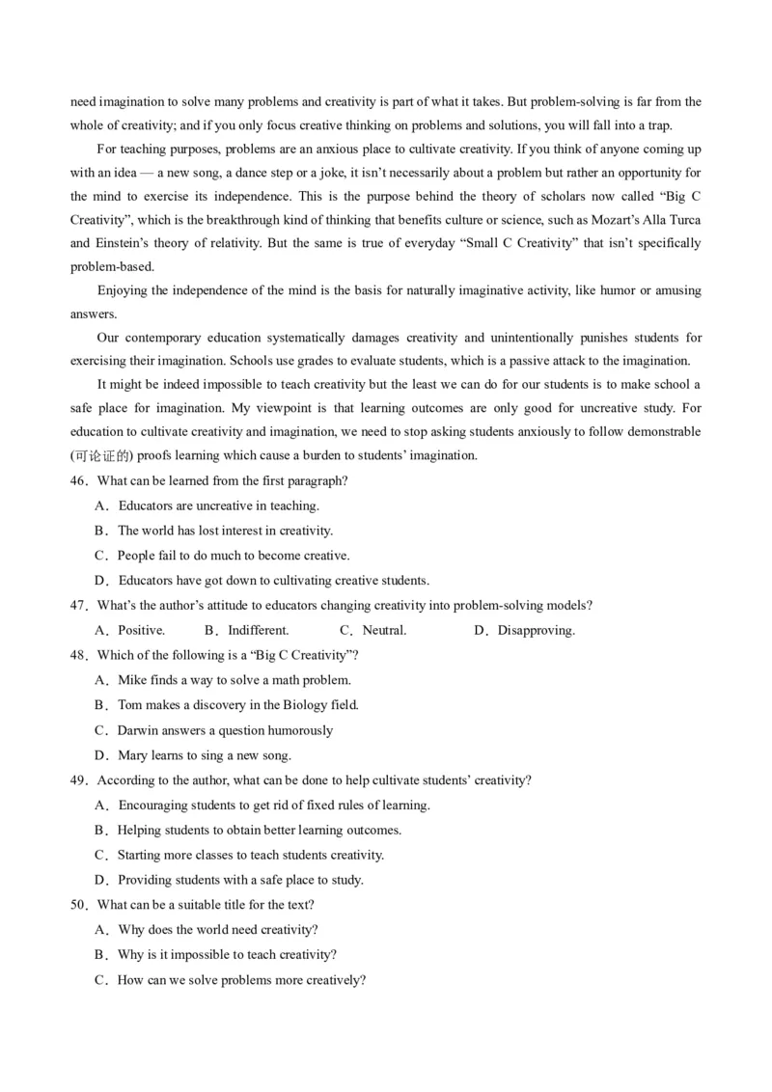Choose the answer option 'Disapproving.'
coord(536,631)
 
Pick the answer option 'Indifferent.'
coord(258,631)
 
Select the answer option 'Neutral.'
coord(384,631)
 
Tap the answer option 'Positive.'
coord(141,631)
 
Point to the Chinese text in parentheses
coord(100,455)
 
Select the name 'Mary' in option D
coord(133,755)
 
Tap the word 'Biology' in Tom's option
coord(304,705)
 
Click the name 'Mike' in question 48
coord(133,680)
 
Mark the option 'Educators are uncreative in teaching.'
coord(218,505)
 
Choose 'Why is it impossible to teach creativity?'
coord(227,955)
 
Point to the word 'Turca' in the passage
coord(682,219)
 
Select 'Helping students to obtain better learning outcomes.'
coord(259,830)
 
